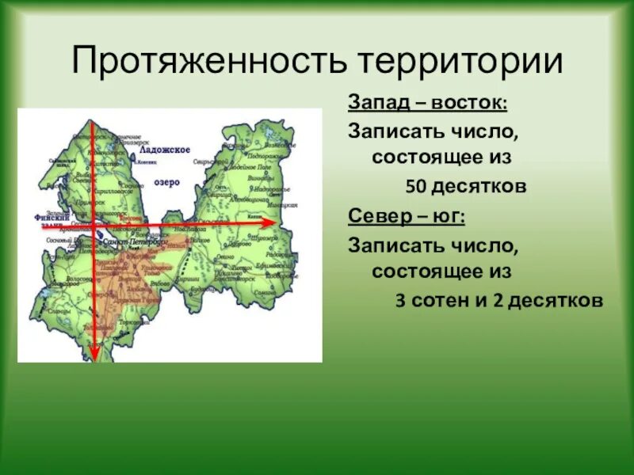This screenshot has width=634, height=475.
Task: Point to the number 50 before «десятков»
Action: (418, 188)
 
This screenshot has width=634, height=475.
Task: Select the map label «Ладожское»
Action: (165, 150)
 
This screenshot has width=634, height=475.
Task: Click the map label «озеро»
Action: (167, 182)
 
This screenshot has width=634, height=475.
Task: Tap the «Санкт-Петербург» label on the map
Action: (136, 243)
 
